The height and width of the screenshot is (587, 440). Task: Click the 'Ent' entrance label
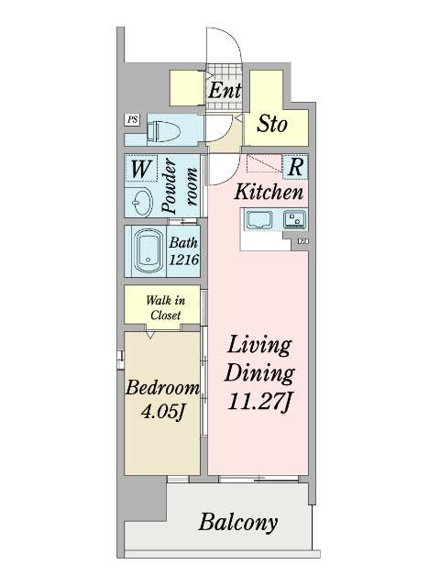coord(225,91)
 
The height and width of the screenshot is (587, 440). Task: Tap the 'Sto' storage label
coord(271,124)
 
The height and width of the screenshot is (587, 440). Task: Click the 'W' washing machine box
coord(140,170)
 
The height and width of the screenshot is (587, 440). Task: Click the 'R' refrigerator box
coord(296,167)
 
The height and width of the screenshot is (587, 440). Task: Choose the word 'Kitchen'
coord(269,193)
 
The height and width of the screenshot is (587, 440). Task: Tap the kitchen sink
coord(258,220)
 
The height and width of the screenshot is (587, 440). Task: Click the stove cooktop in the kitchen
coord(295,220)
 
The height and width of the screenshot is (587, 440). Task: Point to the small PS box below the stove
coord(302,241)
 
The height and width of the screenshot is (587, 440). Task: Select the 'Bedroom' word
coord(162,387)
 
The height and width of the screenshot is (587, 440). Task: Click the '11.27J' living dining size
coord(261,401)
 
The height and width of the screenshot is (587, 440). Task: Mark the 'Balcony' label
coord(237,523)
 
